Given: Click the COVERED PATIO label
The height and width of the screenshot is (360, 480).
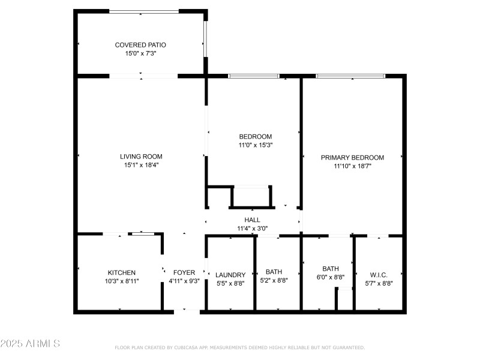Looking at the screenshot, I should [140, 45].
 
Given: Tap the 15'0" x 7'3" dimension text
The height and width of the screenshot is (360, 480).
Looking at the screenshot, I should [140, 53].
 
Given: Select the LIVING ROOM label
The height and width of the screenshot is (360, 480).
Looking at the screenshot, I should [141, 157].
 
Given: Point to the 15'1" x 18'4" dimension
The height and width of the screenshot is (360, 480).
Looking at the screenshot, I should [141, 165].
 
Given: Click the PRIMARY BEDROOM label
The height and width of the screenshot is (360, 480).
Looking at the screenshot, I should [352, 158].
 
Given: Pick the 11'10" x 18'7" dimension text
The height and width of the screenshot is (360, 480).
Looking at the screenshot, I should [352, 166].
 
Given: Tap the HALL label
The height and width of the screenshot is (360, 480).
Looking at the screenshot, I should [252, 220].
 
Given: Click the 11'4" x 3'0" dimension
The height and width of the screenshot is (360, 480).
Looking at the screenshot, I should [252, 229].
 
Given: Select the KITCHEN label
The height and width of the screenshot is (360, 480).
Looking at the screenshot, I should [122, 272].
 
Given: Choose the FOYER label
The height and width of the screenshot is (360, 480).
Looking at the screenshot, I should [184, 272].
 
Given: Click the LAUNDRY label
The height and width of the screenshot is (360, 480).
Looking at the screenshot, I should [230, 275].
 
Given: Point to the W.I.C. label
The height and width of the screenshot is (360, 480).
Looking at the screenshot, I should [379, 275].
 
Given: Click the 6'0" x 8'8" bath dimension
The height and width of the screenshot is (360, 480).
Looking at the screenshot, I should [331, 277].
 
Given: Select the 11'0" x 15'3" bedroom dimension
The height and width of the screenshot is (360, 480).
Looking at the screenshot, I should [255, 145].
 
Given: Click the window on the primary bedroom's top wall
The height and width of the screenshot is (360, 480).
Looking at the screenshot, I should [350, 76].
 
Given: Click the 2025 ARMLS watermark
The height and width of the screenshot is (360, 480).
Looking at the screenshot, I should [30, 344].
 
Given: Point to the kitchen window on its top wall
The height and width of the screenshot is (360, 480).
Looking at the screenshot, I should [143, 234].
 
